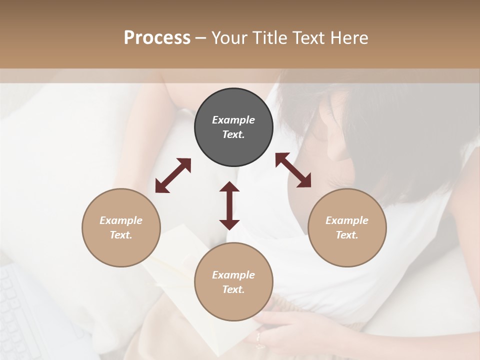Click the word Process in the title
(157, 38)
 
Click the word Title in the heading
(269, 38)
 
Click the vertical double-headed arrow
(229, 205)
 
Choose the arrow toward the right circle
(293, 170)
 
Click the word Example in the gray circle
(233, 120)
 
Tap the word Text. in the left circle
(121, 235)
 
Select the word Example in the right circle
(347, 220)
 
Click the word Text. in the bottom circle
(233, 289)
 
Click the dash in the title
(201, 38)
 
